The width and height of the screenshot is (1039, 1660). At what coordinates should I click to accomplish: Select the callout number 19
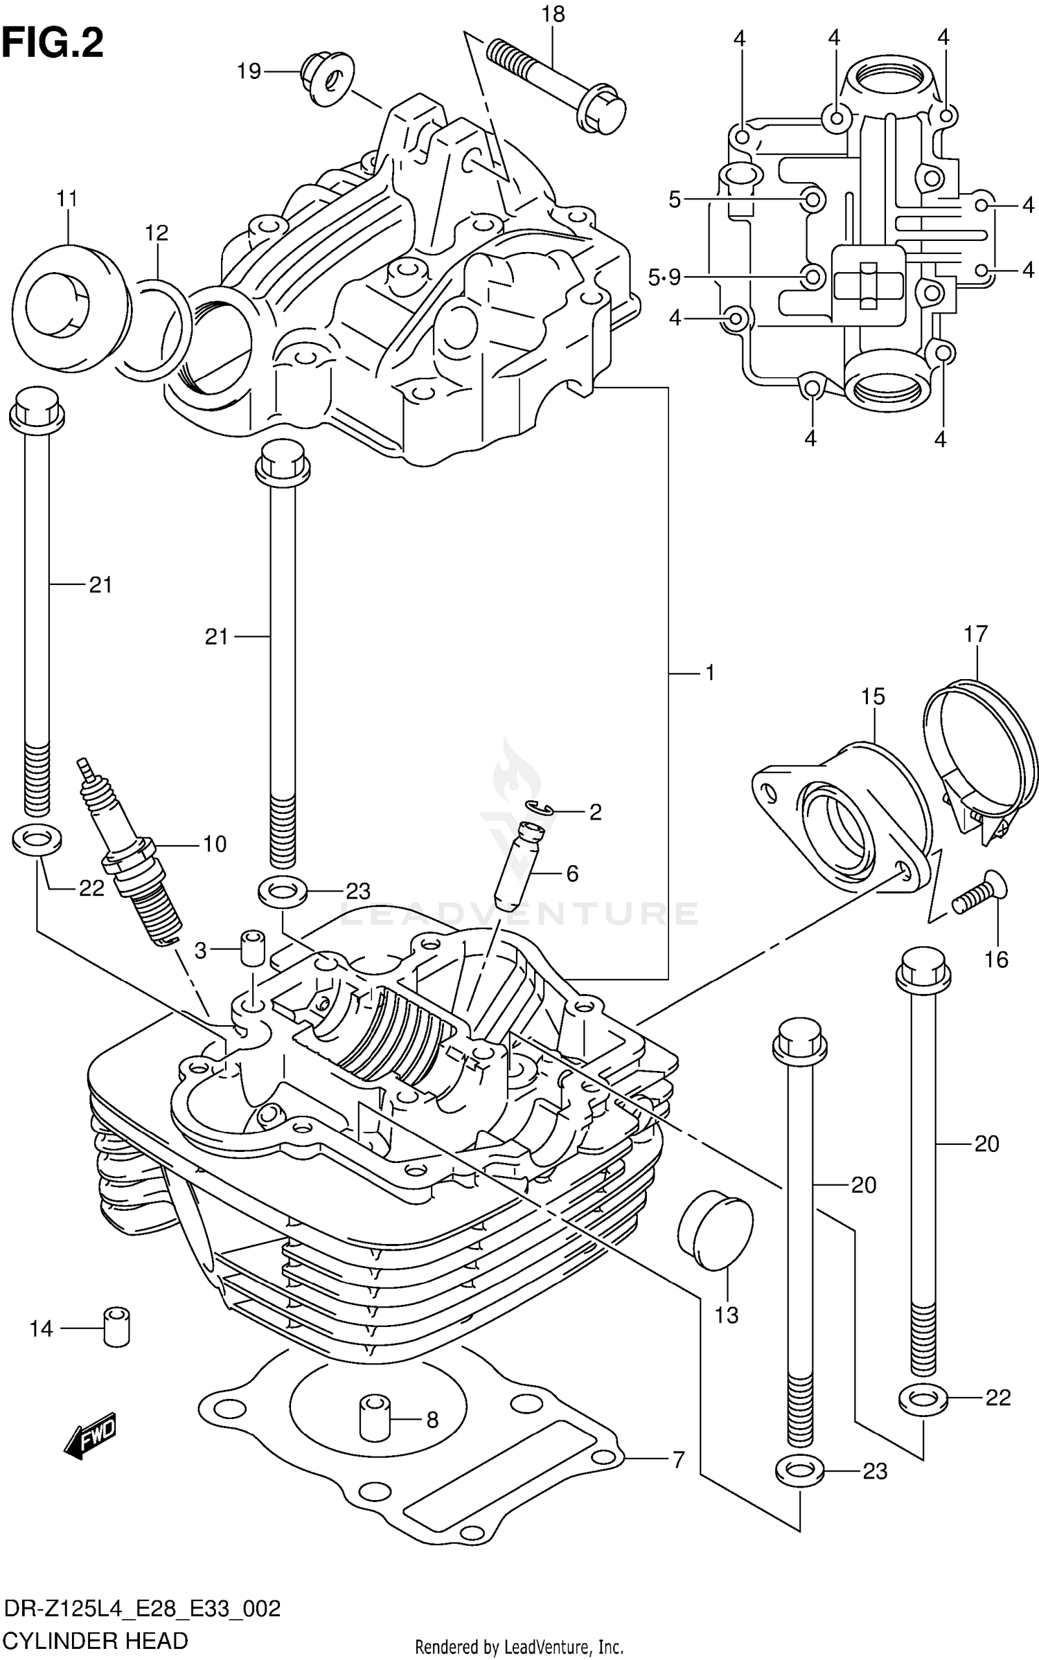[x=249, y=71]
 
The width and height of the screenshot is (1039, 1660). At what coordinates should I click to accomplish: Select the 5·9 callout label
[x=664, y=278]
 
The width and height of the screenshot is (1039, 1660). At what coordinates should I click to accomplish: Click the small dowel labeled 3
[x=253, y=948]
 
